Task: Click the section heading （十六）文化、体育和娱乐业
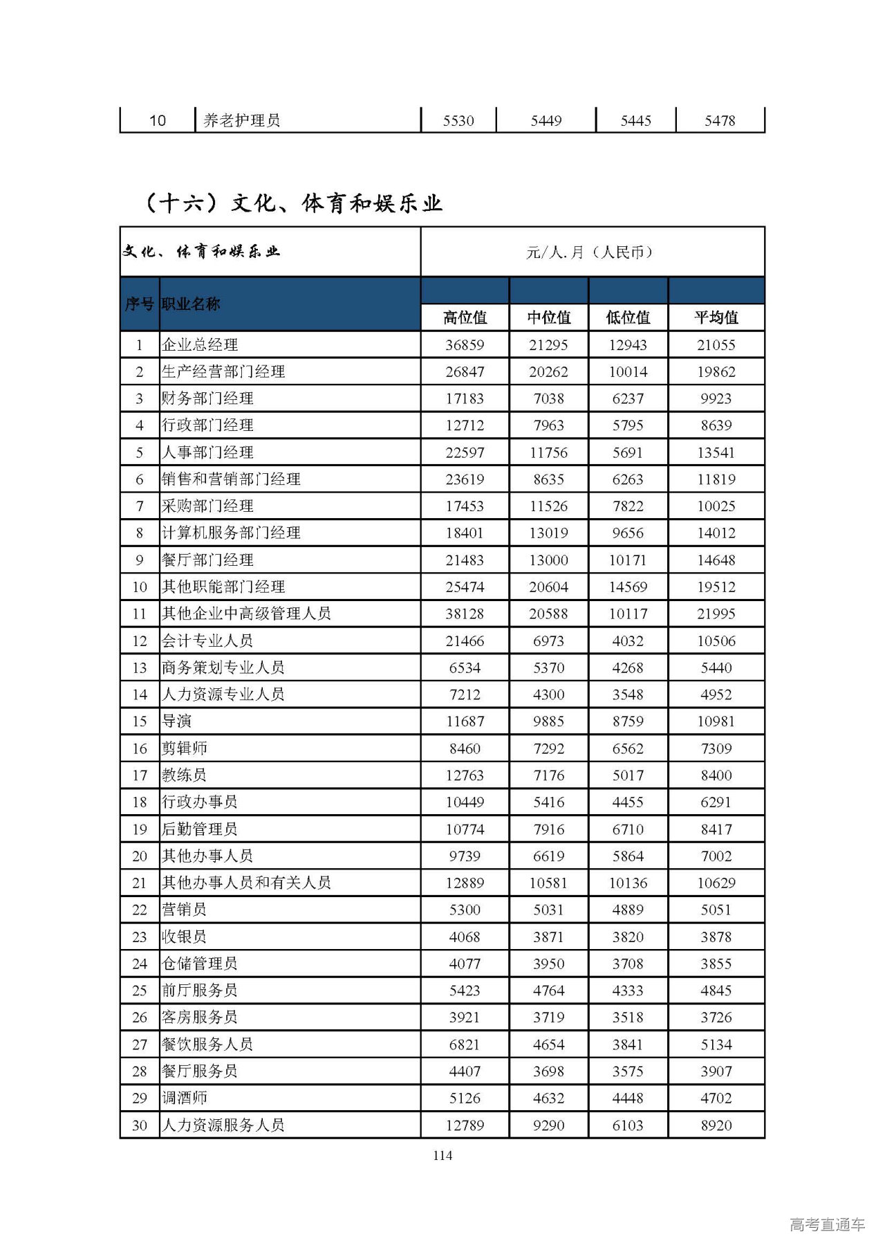click(x=292, y=203)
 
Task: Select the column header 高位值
click(x=465, y=317)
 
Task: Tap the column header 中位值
click(x=549, y=317)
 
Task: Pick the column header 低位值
click(x=628, y=317)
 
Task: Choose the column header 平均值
click(x=716, y=317)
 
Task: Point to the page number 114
click(x=442, y=1155)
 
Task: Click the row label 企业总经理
click(x=200, y=344)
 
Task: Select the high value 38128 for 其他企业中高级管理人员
click(x=465, y=614)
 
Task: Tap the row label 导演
click(x=176, y=721)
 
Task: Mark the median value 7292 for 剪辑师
click(x=549, y=748)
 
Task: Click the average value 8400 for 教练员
click(x=716, y=775)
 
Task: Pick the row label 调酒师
click(x=184, y=1098)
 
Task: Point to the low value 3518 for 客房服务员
click(x=628, y=1018)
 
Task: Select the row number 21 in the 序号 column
click(x=140, y=883)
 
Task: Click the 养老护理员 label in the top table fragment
click(x=241, y=120)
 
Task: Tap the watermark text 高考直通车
click(x=827, y=1225)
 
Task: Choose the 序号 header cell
click(x=139, y=304)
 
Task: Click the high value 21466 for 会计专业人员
click(x=465, y=641)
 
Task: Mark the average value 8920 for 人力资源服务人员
click(x=716, y=1125)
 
